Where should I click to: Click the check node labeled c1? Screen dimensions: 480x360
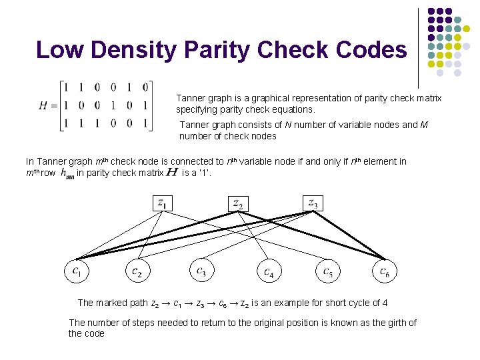click(77, 271)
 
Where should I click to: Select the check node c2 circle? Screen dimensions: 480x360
click(137, 271)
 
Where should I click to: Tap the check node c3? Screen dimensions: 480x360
click(201, 271)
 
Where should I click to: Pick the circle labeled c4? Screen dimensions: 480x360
click(269, 271)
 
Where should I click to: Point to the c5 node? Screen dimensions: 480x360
click(328, 271)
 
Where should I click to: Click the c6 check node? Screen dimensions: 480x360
click(385, 271)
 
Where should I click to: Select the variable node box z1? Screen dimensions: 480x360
click(162, 202)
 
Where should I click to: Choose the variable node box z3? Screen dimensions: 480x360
click(313, 202)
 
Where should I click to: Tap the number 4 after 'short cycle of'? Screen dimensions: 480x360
click(385, 303)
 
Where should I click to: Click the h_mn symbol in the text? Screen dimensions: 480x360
click(67, 173)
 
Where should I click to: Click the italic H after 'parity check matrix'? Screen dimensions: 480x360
click(171, 173)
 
